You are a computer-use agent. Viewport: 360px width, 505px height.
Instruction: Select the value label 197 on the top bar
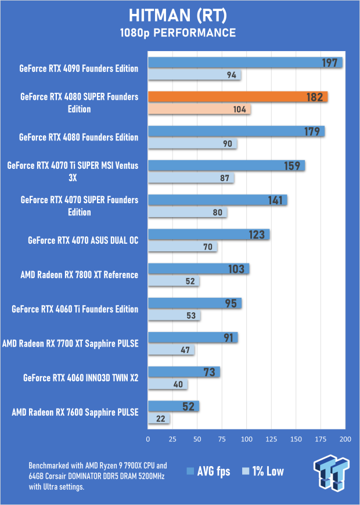tap(330, 63)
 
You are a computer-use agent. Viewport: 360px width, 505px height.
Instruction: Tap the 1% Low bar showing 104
tap(199, 110)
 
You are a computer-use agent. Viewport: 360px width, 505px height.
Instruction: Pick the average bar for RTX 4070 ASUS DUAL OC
tap(208, 235)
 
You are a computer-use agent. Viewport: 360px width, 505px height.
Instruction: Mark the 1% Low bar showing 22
tap(159, 419)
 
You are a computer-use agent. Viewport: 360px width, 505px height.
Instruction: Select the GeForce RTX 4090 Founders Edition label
tap(78, 68)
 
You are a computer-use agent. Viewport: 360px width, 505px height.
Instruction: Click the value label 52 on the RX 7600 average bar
tap(188, 406)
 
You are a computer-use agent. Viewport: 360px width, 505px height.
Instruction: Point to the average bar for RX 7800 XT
tap(199, 269)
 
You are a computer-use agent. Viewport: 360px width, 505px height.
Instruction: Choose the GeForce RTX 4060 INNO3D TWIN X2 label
tap(81, 378)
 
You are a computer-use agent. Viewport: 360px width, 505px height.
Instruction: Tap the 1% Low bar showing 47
tap(171, 350)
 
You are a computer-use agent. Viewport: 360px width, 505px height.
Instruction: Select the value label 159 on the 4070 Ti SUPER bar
tap(291, 166)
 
